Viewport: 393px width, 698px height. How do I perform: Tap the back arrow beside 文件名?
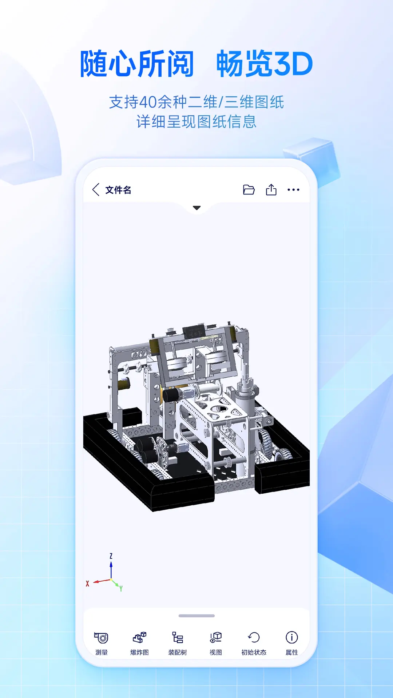[96, 189]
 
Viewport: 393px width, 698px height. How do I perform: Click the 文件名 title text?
[118, 190]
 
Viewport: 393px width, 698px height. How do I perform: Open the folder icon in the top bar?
[249, 190]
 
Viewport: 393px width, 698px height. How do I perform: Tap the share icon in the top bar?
[271, 190]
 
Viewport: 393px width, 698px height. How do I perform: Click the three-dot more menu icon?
[293, 190]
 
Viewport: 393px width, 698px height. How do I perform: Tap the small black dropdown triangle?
[197, 208]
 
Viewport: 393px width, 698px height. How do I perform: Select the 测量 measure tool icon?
[102, 638]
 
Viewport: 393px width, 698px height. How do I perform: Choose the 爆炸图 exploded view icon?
[139, 638]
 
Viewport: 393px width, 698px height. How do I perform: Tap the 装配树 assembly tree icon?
[178, 638]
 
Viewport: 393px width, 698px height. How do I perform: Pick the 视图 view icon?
[216, 638]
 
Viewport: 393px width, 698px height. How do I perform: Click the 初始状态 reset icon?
[254, 638]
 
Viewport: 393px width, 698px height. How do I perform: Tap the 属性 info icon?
[292, 638]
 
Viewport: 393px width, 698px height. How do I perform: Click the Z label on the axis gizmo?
[111, 556]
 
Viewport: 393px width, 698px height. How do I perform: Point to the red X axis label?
[87, 583]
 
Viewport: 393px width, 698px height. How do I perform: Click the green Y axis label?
[121, 588]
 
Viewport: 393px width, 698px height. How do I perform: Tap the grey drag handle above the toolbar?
[196, 616]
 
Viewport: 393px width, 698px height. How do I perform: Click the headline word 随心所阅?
[137, 64]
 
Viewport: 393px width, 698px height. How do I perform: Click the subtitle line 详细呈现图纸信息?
[196, 122]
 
